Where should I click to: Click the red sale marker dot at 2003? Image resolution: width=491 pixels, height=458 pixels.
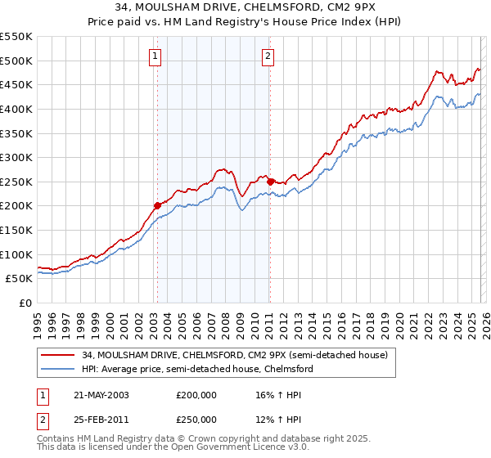(157, 205)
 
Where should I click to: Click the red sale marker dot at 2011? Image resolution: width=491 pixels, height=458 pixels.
(269, 181)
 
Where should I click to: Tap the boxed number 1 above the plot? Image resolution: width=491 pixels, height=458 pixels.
(155, 56)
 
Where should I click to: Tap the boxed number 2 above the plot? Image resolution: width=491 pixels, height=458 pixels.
(268, 56)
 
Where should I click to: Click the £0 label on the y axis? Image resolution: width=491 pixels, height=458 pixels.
(25, 303)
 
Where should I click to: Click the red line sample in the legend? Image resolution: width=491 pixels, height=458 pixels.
(59, 355)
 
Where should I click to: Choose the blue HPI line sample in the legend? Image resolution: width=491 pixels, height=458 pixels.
(59, 369)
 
